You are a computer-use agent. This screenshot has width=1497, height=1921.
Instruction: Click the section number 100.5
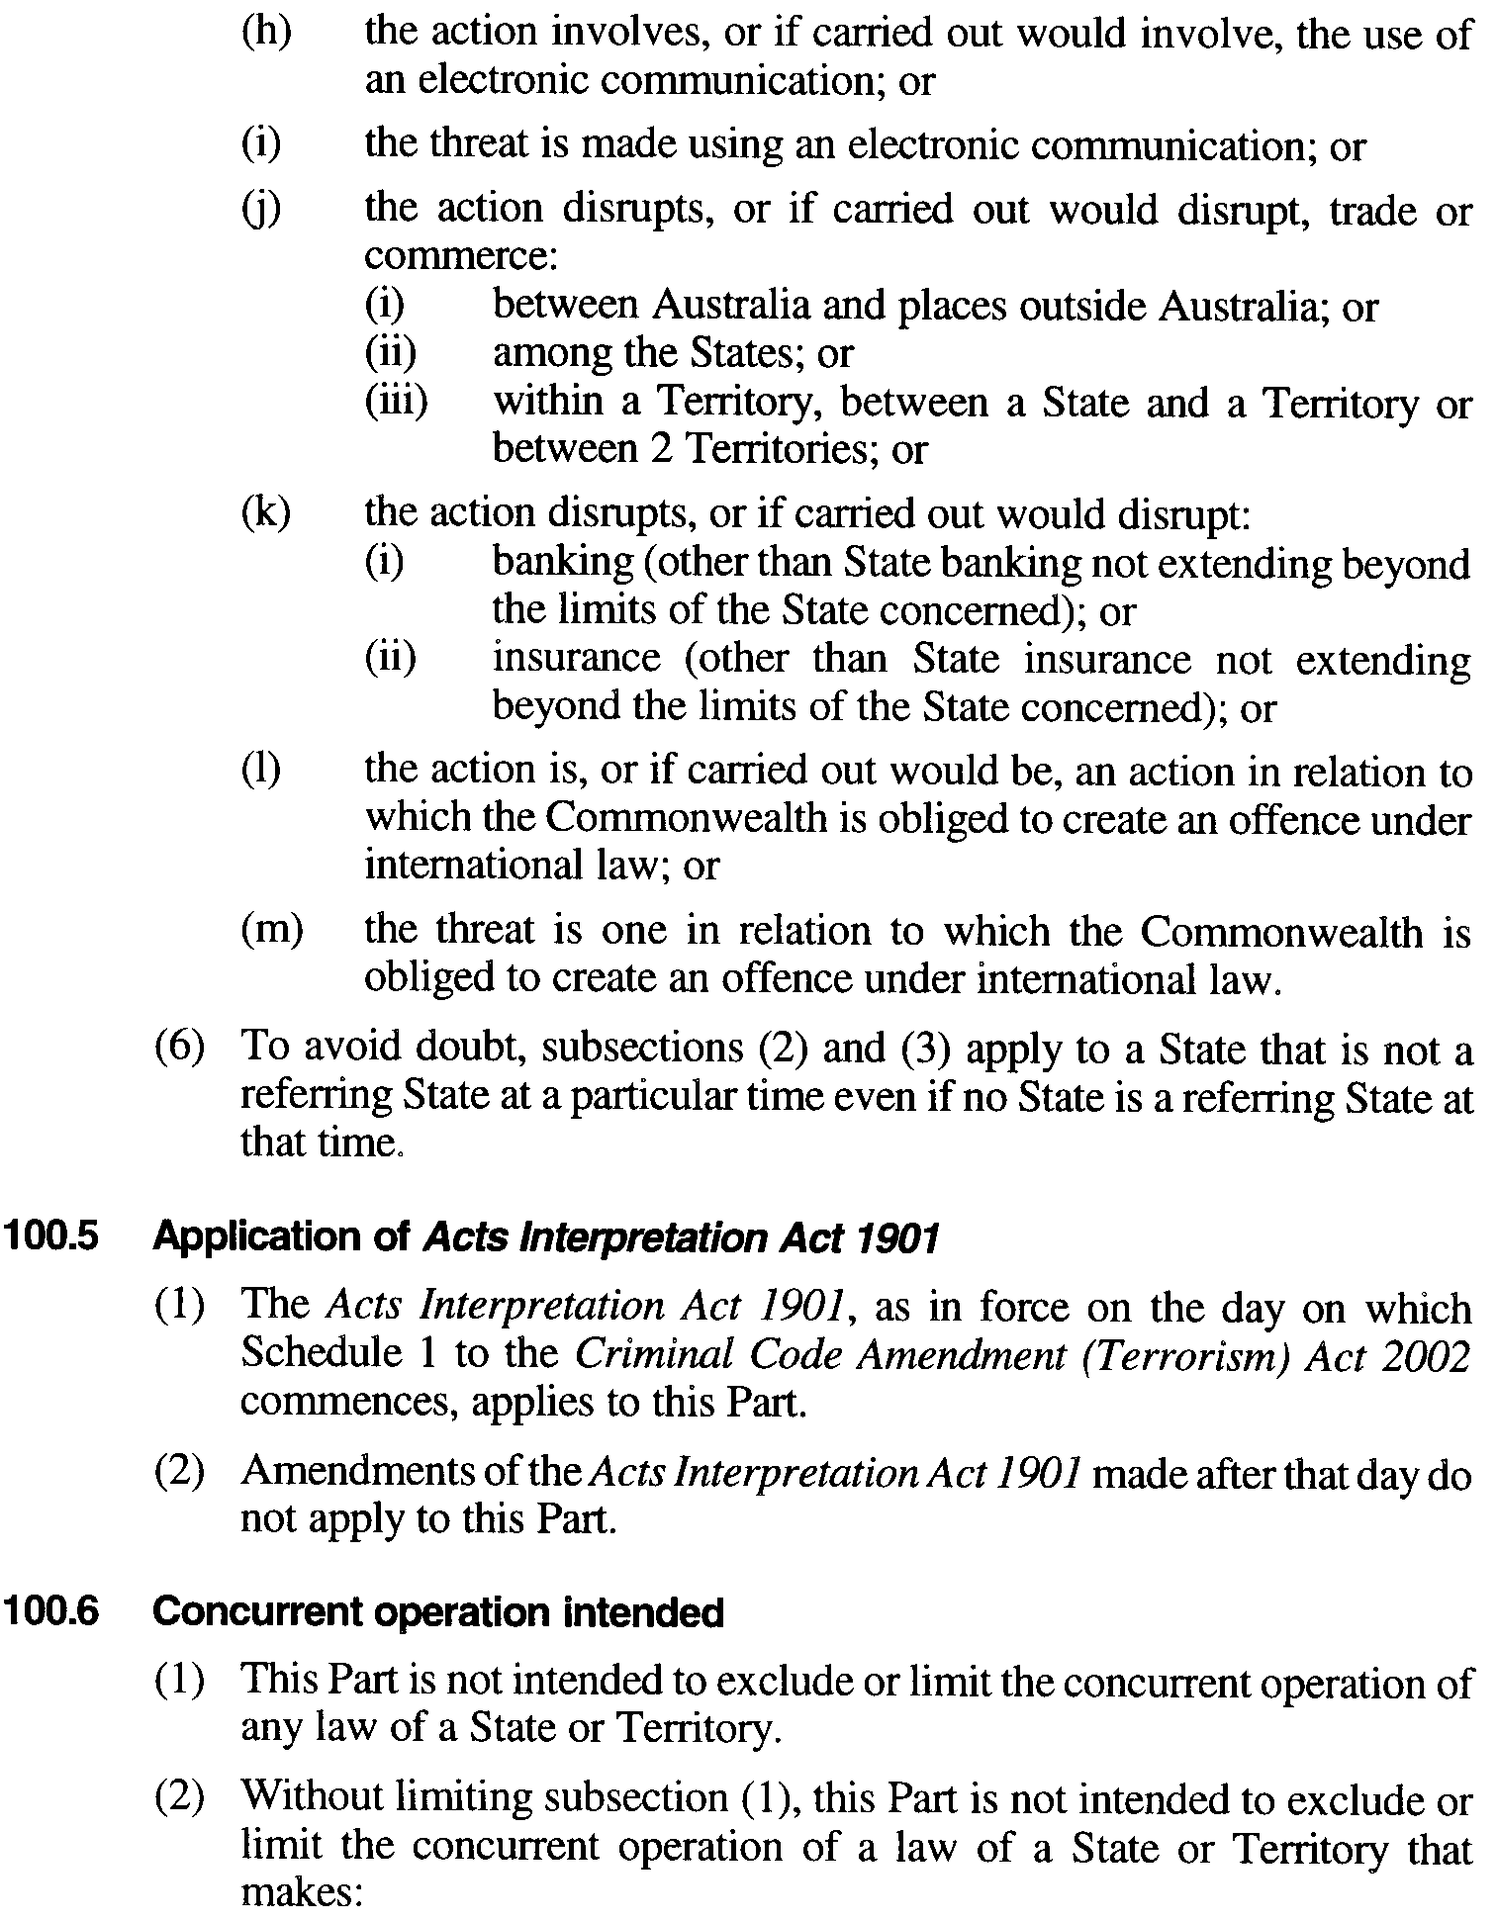tap(51, 1238)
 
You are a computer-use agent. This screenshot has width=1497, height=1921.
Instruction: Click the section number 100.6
tap(51, 1613)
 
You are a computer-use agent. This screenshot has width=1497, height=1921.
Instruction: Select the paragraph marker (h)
tap(266, 33)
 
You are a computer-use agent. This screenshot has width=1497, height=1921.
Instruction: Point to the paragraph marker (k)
tap(265, 513)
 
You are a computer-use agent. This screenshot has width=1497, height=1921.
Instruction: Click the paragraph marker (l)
tap(261, 771)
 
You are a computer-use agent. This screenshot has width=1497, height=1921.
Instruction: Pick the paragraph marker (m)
tap(272, 930)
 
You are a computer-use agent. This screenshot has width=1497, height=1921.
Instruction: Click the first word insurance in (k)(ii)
tap(576, 658)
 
